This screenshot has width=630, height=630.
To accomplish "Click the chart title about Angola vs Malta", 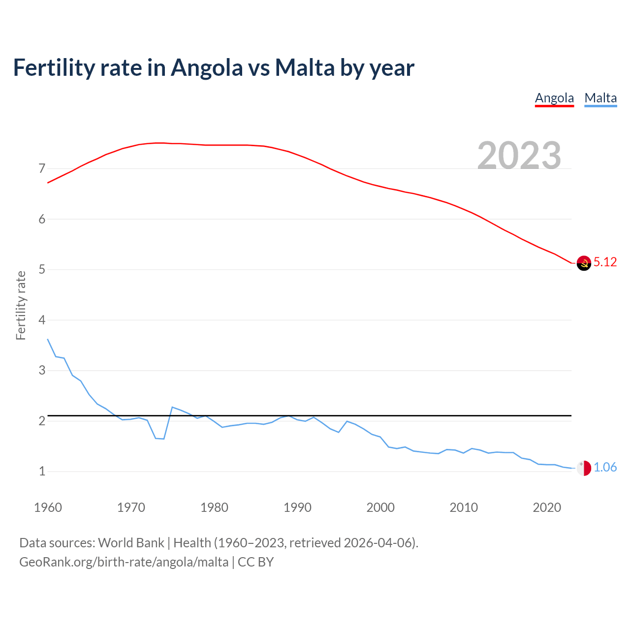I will click(214, 67).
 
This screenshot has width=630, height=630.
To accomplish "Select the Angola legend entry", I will click(554, 98).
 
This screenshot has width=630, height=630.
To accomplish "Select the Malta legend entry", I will click(600, 98).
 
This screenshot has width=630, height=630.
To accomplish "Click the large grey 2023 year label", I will click(519, 156).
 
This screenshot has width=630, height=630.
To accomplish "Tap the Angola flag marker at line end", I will click(584, 263).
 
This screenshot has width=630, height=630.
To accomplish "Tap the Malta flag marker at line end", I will click(584, 468).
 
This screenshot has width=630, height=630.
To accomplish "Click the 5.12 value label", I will click(605, 262).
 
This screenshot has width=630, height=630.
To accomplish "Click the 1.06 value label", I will click(605, 468).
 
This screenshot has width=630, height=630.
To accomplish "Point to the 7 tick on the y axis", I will click(42, 169).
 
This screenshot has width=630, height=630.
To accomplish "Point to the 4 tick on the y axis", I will click(42, 320).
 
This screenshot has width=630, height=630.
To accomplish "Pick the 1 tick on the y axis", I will click(42, 472).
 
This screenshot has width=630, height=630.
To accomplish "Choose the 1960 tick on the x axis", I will click(48, 507).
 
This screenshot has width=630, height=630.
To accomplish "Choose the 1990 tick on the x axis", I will click(297, 507).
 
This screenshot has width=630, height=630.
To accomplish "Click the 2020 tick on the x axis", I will click(547, 507).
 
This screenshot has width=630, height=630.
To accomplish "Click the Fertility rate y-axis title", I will click(21, 305).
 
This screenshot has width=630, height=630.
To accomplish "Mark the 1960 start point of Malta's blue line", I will click(48, 339).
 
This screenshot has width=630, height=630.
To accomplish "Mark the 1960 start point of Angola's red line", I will click(48, 183).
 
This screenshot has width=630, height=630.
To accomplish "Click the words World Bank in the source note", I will click(131, 543).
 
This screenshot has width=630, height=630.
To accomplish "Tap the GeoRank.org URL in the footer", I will click(124, 562).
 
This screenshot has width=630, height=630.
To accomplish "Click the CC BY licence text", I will click(255, 562).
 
